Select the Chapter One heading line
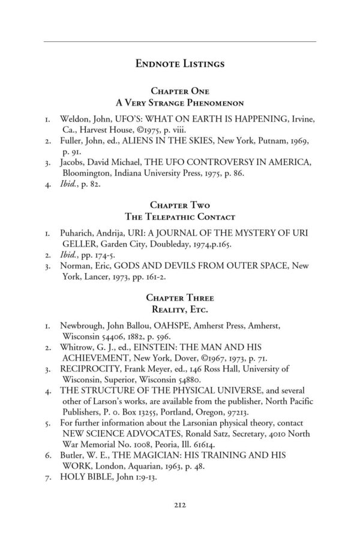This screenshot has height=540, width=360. click(x=180, y=91)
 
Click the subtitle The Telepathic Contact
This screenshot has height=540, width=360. click(x=180, y=216)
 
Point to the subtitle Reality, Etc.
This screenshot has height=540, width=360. click(x=180, y=308)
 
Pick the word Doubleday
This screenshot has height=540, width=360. click(x=160, y=244)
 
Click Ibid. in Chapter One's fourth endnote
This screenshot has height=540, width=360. click(x=72, y=185)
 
